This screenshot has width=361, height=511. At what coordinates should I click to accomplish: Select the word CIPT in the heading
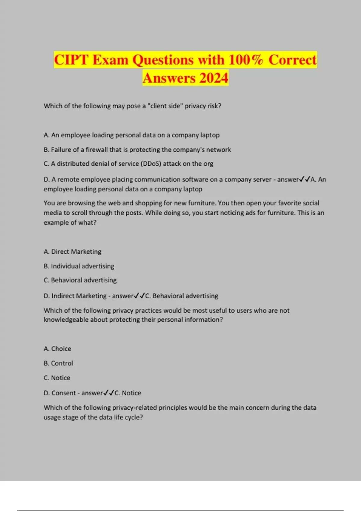[71, 60]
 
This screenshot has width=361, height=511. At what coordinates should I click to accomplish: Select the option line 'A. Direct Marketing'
[73, 252]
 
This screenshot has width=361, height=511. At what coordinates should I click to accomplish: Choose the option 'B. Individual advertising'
[79, 266]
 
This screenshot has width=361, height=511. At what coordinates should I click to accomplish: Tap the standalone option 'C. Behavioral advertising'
[80, 280]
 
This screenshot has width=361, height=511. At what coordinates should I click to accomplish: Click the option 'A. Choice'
[57, 349]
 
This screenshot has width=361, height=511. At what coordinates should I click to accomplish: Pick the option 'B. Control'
[58, 363]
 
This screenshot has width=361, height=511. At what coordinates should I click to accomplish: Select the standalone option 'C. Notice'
[57, 378]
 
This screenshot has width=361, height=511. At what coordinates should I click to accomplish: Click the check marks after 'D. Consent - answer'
[109, 393]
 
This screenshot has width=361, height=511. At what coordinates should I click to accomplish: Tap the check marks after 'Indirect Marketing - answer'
[139, 296]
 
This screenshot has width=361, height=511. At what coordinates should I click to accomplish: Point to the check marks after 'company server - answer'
[304, 179]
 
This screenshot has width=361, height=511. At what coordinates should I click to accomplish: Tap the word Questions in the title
[163, 60]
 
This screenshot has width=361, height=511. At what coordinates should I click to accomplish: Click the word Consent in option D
[63, 393]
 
